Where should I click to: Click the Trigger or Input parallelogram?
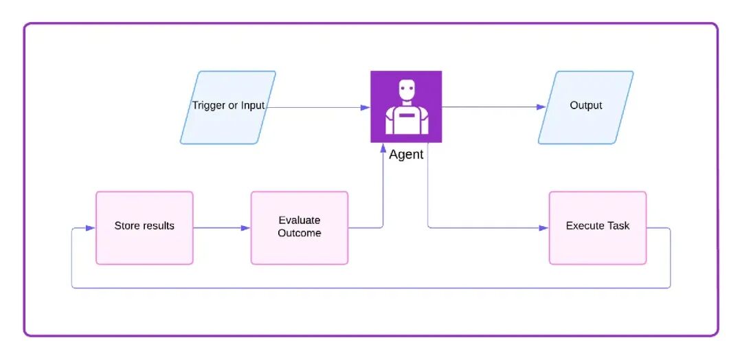pos(227,107)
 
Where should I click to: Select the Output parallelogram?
pos(585,107)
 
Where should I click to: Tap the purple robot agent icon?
pos(406,107)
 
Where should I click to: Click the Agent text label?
pos(406,155)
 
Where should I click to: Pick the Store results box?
pos(144,227)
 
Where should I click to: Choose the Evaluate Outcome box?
pos(300,227)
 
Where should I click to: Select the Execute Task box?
pos(597,227)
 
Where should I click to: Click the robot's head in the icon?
pos(407,89)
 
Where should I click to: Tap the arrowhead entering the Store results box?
pos(91,227)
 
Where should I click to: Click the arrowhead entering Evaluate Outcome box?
pos(246,227)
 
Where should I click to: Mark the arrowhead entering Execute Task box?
pos(544,227)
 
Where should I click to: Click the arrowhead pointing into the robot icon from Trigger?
pos(366,107)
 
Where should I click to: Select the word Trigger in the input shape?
pos(208,106)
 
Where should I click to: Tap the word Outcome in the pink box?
pos(300,233)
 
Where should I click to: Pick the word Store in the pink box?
pos(126,225)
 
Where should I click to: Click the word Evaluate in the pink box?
pos(300,221)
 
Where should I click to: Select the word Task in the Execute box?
pos(618,225)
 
